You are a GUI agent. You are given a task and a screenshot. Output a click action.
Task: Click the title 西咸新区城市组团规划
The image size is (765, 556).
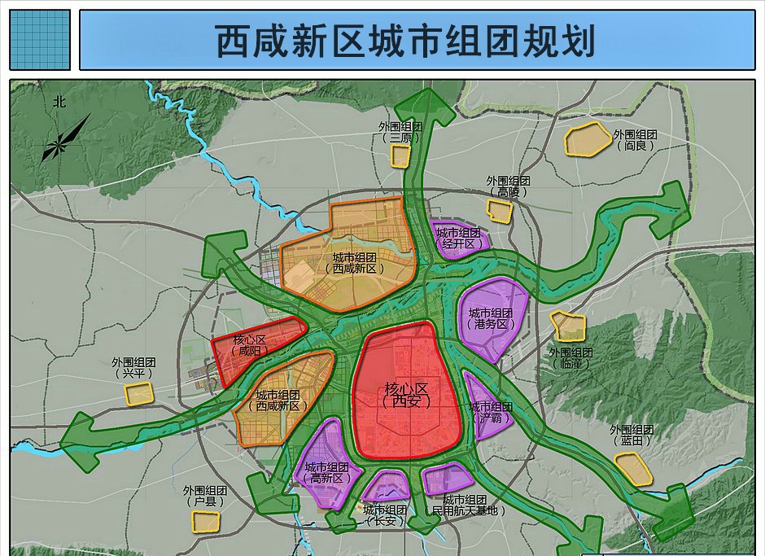point(404,40)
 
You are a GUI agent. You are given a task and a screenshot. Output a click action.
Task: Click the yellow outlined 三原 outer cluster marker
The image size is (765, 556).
point(400,156)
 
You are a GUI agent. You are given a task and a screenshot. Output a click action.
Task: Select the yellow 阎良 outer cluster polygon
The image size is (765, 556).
point(588,139)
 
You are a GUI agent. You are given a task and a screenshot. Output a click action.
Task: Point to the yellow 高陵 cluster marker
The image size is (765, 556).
point(500,209)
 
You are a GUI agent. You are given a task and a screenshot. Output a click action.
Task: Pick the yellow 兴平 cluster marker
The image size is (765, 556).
point(139,394)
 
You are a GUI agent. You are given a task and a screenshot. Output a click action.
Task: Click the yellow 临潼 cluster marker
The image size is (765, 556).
point(569,326)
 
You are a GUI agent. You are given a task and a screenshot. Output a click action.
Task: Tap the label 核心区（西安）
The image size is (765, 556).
point(406,393)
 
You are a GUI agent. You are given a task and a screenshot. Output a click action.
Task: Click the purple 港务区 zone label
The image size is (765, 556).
point(491,318)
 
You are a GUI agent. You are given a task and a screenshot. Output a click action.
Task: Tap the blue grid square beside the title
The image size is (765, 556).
point(40,40)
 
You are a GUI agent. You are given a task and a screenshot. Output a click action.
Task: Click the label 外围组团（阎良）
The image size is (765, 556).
point(635,140)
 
